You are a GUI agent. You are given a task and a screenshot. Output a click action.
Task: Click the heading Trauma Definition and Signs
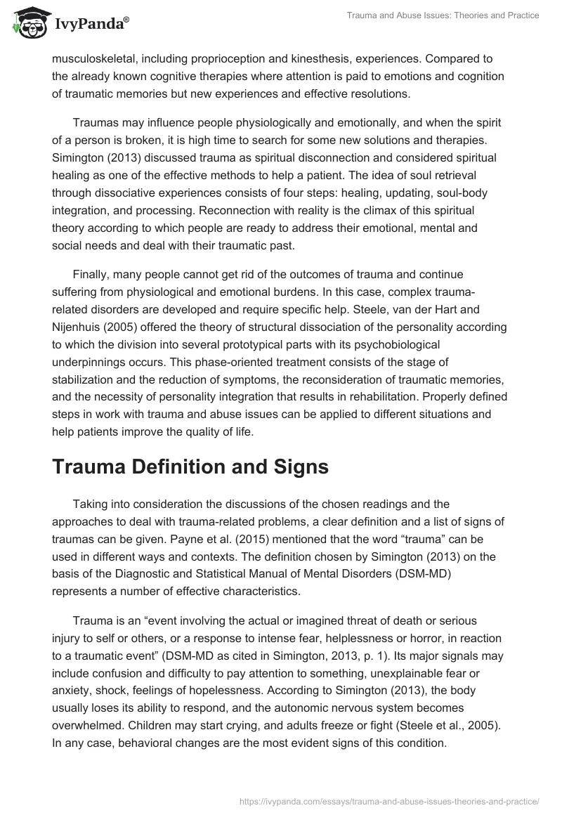tap(190, 467)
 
